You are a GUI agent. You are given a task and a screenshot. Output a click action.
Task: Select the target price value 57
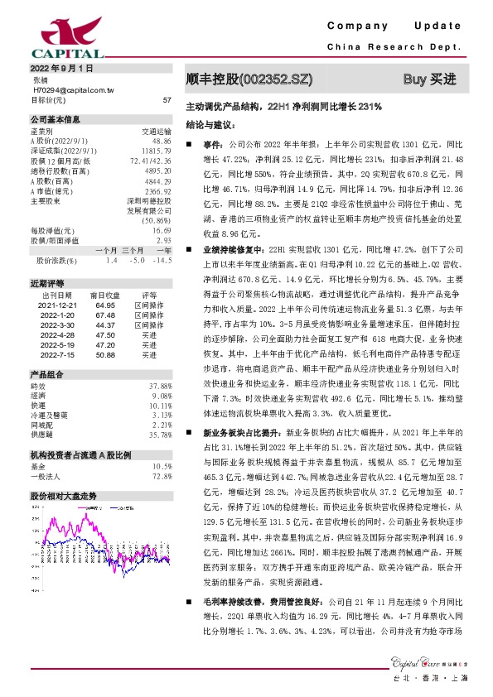(x=167, y=99)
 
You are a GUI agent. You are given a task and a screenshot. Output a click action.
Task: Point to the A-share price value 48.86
(x=161, y=142)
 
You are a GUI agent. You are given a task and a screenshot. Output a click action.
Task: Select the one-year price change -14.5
(x=162, y=261)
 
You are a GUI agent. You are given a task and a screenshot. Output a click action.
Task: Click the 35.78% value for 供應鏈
(x=160, y=434)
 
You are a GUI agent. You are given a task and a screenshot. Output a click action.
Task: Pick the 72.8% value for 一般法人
(x=162, y=477)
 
